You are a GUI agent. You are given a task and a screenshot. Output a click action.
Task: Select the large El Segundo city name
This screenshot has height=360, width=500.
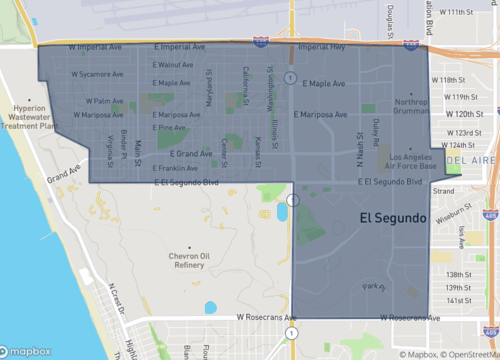click(393, 217)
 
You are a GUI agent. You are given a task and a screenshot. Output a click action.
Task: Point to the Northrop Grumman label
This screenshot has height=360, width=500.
click(411, 107)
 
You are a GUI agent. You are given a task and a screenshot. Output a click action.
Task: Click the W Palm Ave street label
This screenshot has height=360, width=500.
click(104, 101)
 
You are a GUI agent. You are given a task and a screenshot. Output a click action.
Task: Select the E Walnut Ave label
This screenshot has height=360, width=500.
click(173, 65)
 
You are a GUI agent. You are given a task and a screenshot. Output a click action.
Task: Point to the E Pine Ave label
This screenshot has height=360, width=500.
click(170, 128)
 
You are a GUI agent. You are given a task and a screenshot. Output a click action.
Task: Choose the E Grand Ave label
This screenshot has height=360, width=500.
click(191, 154)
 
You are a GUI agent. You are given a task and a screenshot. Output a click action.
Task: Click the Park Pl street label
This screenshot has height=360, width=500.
click(372, 287)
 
